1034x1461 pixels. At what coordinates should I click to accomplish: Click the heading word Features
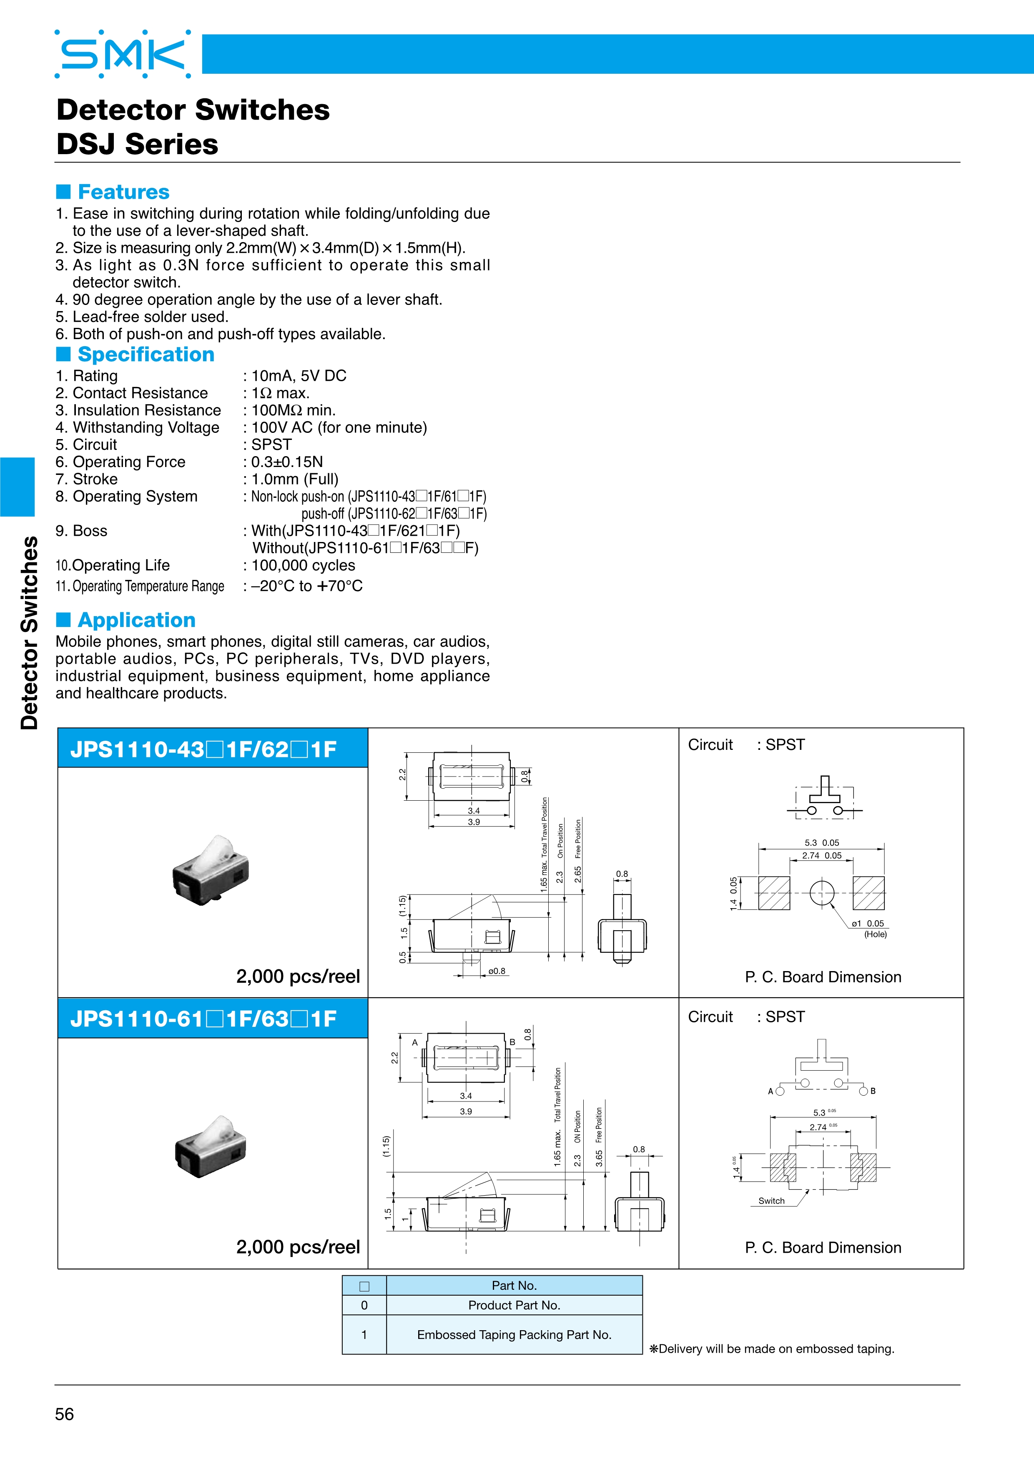click(123, 192)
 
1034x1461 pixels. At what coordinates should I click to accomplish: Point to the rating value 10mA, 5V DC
click(299, 376)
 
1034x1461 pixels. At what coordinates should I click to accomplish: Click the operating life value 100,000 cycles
click(303, 566)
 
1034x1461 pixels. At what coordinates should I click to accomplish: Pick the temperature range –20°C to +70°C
click(306, 586)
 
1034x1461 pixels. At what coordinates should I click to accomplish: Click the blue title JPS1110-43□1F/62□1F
click(204, 749)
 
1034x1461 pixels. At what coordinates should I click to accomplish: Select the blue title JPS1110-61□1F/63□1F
click(204, 1019)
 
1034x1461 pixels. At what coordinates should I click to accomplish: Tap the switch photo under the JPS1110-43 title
click(211, 871)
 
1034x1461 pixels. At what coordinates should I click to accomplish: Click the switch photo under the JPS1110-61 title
click(211, 1146)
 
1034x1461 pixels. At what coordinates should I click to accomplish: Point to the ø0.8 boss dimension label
click(497, 971)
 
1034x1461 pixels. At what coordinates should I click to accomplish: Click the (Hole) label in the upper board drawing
click(876, 934)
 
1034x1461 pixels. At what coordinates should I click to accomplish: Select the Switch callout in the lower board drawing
click(771, 1201)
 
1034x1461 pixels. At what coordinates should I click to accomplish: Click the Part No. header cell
click(514, 1285)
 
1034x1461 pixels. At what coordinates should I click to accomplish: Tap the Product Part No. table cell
click(514, 1305)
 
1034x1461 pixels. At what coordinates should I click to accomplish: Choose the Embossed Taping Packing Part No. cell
click(514, 1334)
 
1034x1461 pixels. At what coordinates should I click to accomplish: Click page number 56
click(64, 1414)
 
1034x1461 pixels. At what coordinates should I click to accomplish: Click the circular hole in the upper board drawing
click(822, 893)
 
